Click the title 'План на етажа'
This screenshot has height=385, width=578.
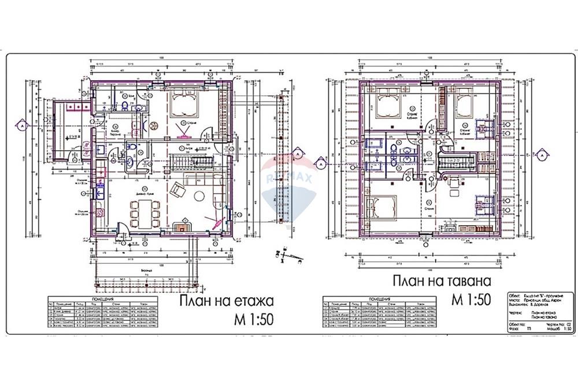pos(225,302)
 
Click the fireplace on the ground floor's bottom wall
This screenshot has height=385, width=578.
pos(184,227)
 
